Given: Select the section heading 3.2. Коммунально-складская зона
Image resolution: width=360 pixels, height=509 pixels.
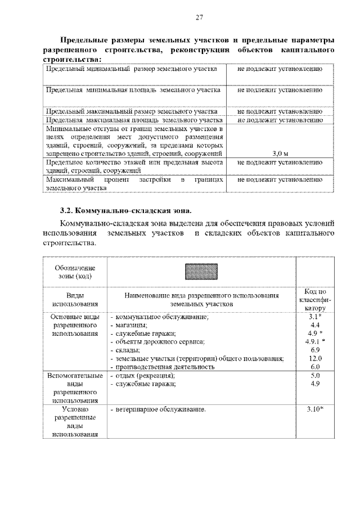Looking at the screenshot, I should point(125,211).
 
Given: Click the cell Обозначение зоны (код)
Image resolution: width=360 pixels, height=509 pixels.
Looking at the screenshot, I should point(75,272).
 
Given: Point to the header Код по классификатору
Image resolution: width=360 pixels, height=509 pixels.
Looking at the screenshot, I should point(315,300).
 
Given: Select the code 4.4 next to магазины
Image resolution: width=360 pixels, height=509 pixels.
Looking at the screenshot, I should point(315,325).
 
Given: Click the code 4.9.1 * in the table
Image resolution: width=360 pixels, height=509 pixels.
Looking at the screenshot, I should point(315,341).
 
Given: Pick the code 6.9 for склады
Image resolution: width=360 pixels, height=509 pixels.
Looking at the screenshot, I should point(315,350).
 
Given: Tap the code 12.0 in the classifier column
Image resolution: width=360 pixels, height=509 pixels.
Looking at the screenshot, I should point(315,358).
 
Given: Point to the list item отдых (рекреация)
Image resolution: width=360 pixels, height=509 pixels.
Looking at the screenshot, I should point(144,375).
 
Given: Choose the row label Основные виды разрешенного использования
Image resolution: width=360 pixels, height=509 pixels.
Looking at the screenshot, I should point(75,325).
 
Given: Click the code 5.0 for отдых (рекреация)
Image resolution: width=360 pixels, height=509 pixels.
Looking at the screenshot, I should point(315,375).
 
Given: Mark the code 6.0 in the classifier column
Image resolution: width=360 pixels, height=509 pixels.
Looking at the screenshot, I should point(315,367).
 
